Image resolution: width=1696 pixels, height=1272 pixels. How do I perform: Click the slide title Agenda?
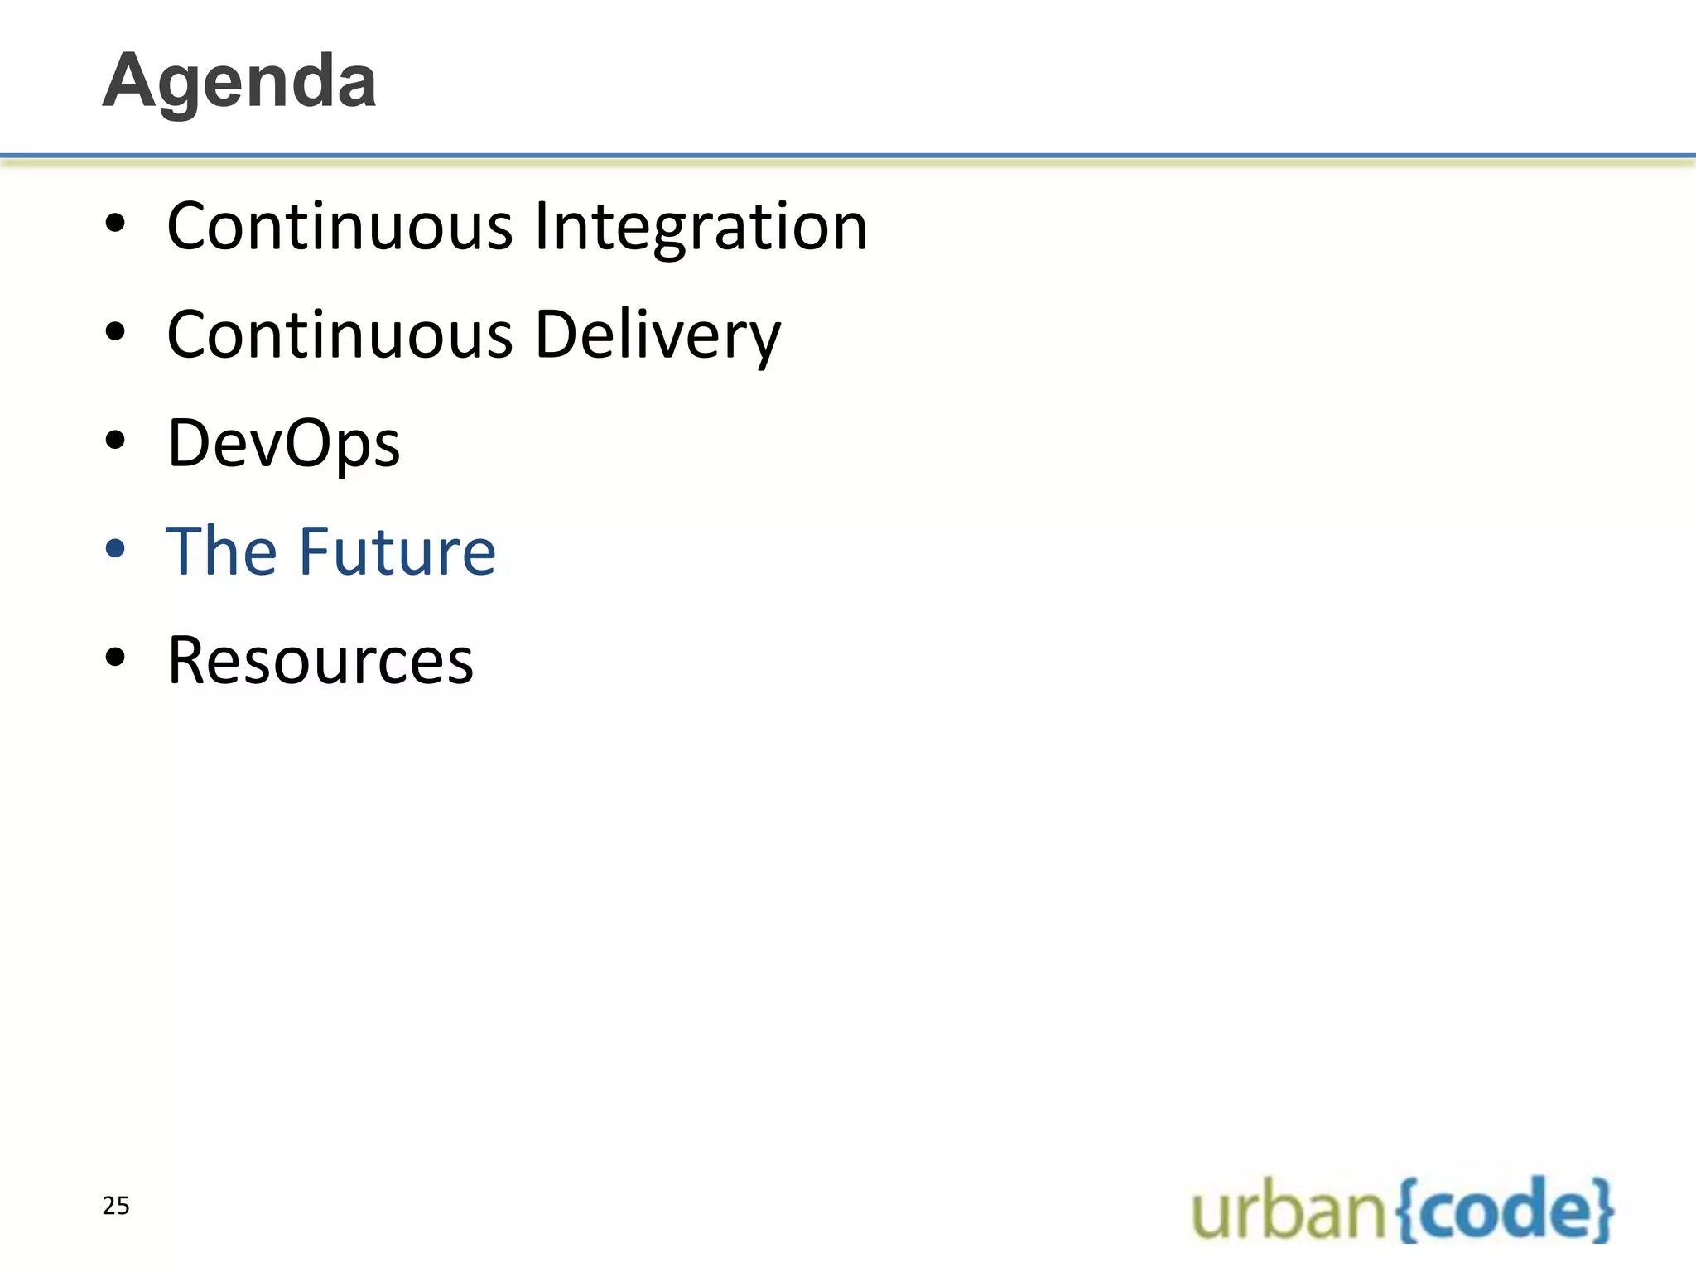point(239,81)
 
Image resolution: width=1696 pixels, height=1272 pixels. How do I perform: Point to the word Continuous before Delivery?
point(340,335)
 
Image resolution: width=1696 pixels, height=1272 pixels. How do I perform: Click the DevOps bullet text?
point(283,444)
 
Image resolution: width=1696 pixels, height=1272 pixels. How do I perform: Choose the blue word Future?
point(397,552)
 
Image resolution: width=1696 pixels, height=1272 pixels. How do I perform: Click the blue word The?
point(220,552)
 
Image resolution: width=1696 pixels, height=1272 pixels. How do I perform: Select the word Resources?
point(320,661)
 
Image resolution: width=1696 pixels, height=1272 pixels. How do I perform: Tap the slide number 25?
point(116,1206)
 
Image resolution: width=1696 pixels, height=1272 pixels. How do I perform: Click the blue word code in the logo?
point(1504,1211)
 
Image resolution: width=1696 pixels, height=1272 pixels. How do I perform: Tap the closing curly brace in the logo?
point(1603,1211)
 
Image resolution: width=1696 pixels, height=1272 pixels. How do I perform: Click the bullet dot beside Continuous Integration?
point(115,224)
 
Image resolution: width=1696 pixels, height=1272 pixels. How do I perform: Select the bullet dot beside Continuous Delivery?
point(115,332)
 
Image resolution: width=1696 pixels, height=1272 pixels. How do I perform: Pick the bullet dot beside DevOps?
point(115,441)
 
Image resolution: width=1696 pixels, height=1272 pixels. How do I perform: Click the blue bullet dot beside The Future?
point(115,549)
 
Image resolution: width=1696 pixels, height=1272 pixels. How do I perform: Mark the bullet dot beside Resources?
point(115,658)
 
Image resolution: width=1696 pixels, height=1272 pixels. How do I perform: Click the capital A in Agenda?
point(132,81)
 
